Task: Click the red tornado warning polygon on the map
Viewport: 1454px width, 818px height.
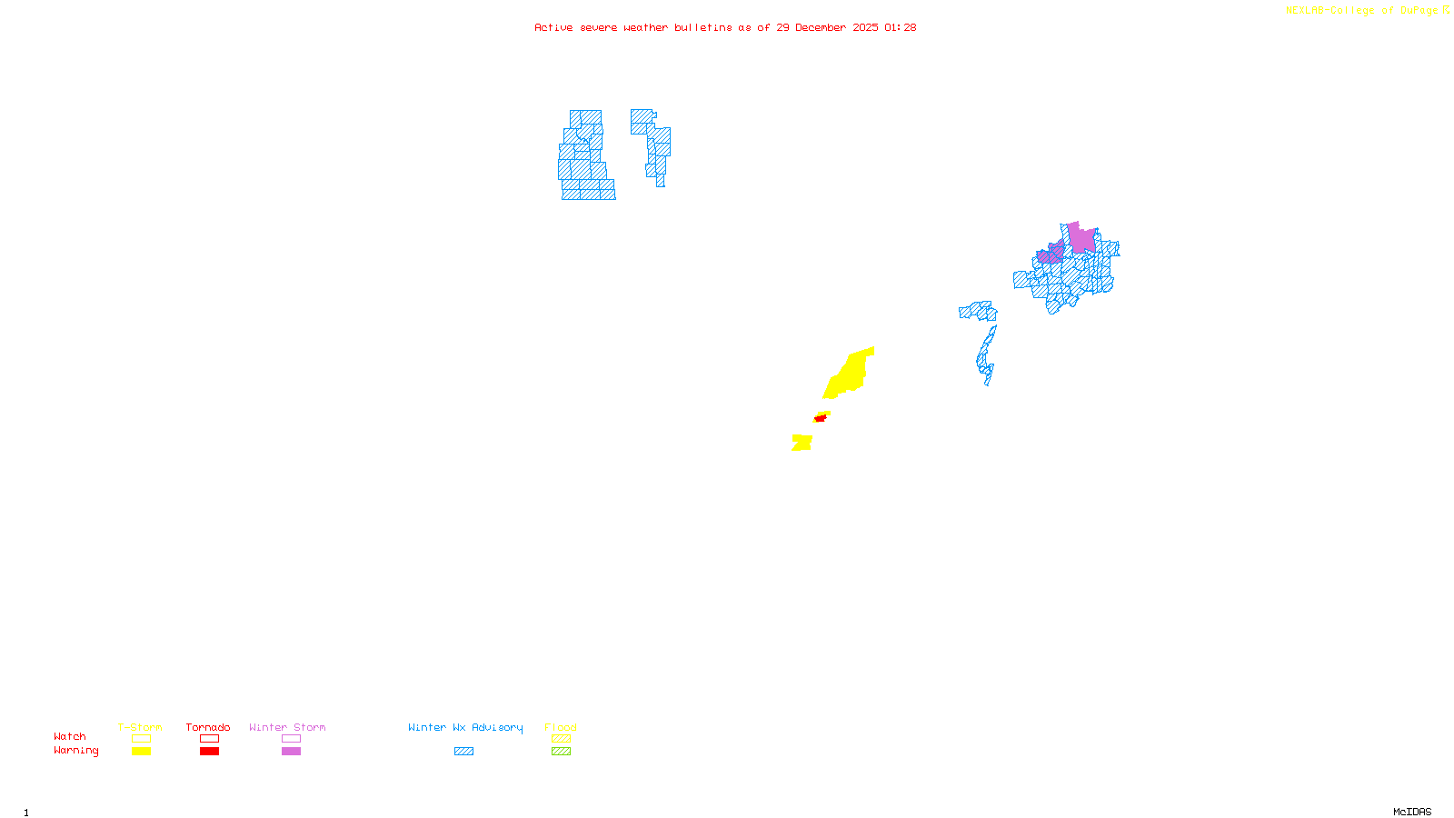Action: (821, 418)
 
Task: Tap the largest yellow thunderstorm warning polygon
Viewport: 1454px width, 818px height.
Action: (851, 374)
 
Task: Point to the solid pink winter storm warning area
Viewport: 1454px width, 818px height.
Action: (1081, 238)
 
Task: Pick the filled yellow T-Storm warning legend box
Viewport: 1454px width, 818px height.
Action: (141, 752)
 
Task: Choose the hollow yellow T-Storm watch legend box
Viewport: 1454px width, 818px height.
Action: (141, 739)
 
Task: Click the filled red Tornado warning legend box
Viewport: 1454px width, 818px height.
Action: (209, 752)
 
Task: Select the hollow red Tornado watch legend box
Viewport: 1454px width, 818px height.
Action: (209, 739)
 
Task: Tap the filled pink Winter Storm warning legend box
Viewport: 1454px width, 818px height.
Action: (291, 752)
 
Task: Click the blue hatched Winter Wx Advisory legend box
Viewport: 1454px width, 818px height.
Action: (463, 752)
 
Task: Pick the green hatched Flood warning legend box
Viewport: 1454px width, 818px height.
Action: (561, 752)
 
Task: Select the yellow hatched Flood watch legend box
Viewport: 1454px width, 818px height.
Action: (561, 739)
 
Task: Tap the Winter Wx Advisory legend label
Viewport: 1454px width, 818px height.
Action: (465, 727)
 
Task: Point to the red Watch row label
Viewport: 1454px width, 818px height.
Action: (70, 736)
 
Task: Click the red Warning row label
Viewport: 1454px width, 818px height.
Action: (76, 751)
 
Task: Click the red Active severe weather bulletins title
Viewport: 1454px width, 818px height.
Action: (725, 27)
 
